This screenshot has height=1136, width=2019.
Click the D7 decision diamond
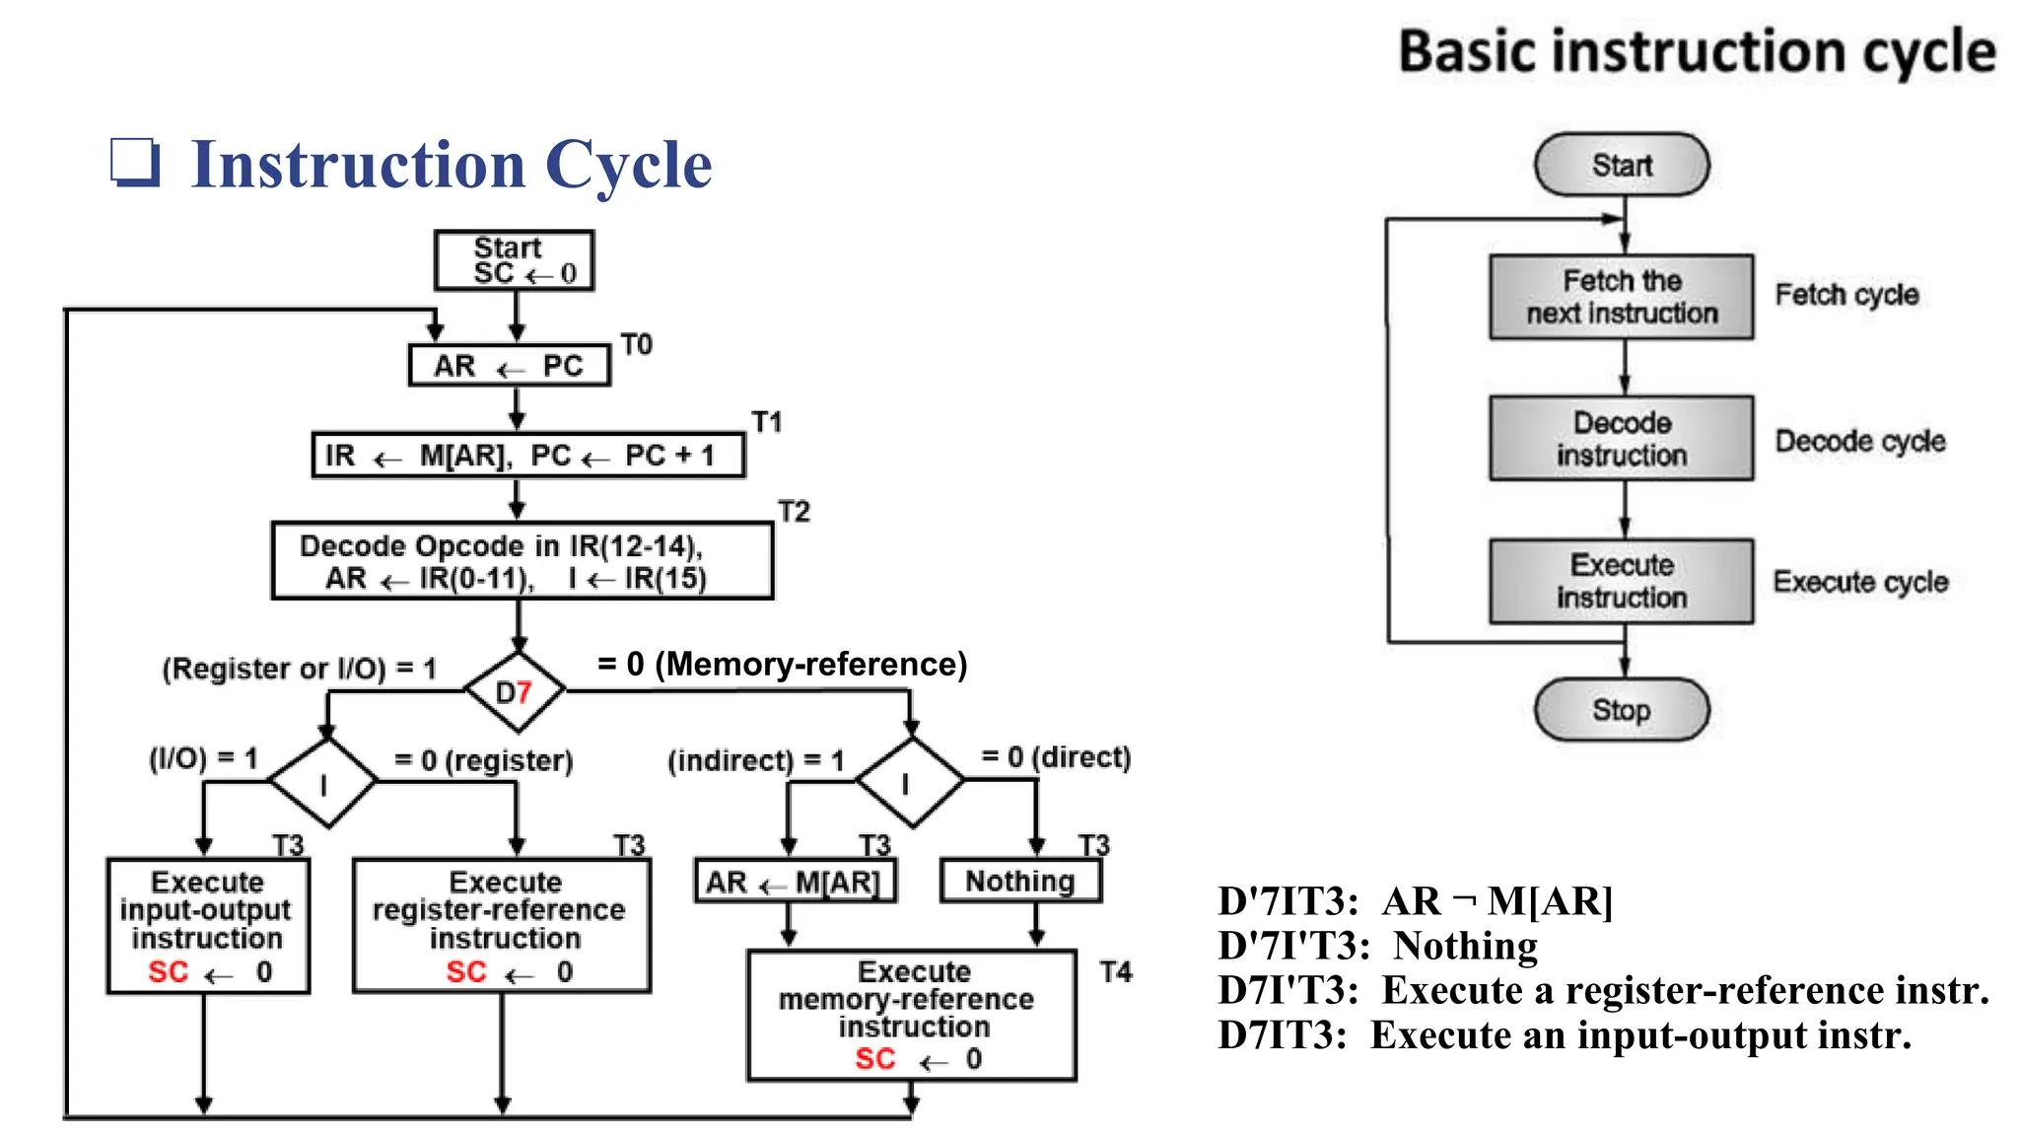tap(515, 691)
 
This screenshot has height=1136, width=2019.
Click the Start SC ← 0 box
tap(514, 260)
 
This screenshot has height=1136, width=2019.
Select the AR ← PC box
tap(509, 366)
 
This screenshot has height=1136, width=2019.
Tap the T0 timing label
tap(636, 344)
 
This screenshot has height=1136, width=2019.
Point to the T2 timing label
tap(794, 511)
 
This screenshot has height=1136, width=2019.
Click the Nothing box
tap(1020, 881)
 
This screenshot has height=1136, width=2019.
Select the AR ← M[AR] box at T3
tap(795, 882)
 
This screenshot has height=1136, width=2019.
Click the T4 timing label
tap(1116, 972)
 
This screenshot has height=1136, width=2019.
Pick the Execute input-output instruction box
tap(207, 925)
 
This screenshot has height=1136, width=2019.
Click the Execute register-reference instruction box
tap(501, 925)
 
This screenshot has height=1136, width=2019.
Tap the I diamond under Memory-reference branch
tap(909, 782)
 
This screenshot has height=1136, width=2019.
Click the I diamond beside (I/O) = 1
tap(323, 783)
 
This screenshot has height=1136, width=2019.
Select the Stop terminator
tap(1621, 710)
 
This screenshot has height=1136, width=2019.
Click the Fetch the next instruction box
tap(1621, 297)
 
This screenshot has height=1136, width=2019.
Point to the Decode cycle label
tap(1859, 441)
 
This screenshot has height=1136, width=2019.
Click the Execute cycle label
tap(1859, 582)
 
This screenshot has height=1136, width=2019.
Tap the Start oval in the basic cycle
tap(1621, 165)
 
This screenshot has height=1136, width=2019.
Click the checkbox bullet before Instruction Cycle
tap(134, 163)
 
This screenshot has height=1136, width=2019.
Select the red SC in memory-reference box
tap(874, 1059)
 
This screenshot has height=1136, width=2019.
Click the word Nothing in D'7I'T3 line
tap(1465, 946)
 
